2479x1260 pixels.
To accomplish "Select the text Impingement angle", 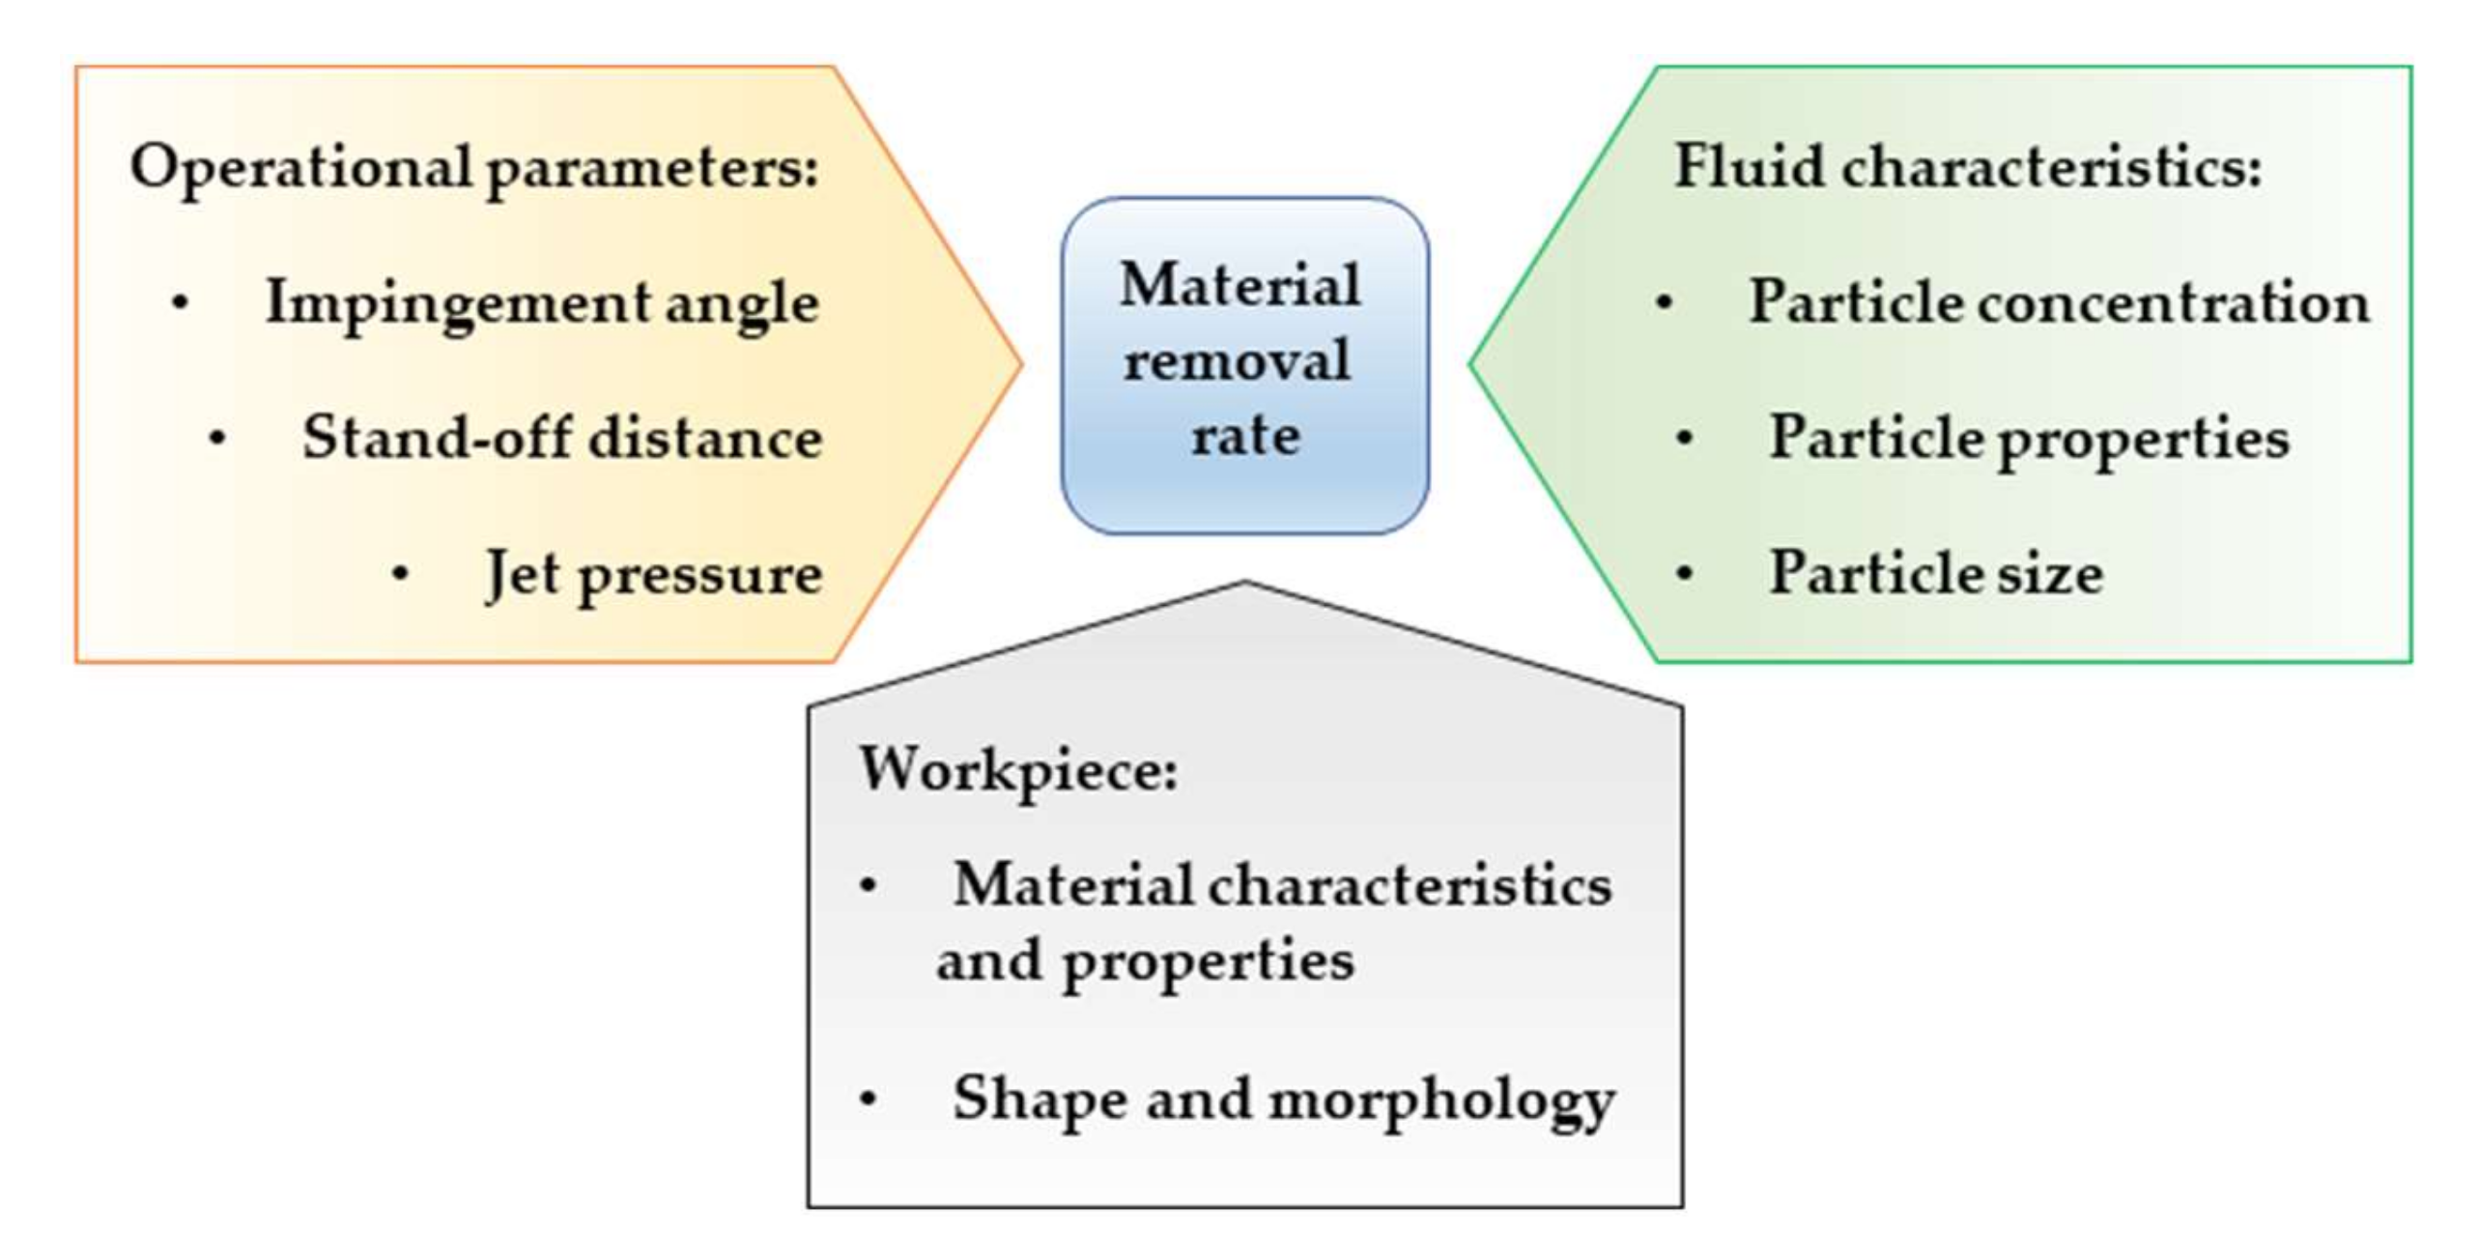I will point(541,303).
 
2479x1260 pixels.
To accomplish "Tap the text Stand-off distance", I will point(561,438).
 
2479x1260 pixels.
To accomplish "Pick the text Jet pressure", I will point(653,574).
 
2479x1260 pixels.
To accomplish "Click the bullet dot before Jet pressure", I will point(400,574).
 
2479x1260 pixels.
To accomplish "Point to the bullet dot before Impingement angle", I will point(179,303).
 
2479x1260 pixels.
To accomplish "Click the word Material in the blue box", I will point(1239,285).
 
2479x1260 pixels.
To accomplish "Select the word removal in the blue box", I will point(1237,360).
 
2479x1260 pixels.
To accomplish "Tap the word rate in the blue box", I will point(1244,435).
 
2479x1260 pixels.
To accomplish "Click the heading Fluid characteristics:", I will point(1967,166).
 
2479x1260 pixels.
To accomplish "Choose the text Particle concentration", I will point(2059,302).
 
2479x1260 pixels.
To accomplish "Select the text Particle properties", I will point(2029,438).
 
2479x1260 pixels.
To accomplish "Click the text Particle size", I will point(1936,573).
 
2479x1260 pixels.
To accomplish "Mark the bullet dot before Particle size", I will point(1684,574).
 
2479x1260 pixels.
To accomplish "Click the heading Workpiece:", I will point(1018,770).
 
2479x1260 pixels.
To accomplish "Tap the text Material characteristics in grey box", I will point(1282,884).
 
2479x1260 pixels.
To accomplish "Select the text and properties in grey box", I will point(1145,961).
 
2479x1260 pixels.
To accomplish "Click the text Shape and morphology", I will point(1283,1100).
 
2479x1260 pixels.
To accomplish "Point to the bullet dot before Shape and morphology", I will point(868,1100).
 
